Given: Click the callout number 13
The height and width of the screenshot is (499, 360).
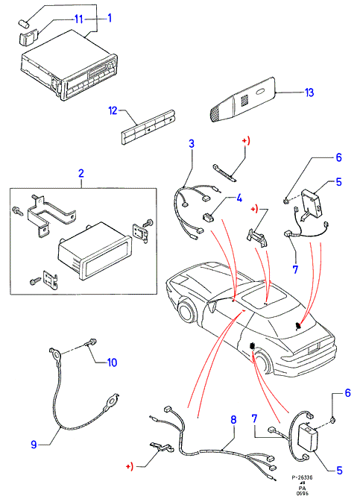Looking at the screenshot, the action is tap(309, 92).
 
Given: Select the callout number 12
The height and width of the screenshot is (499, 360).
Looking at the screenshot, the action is tap(113, 110).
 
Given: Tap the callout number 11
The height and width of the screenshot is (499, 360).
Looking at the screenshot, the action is tap(78, 19).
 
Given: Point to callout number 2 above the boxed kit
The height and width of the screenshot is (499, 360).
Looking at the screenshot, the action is tap(81, 174).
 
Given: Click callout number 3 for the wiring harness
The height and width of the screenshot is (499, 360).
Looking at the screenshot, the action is tap(191, 143).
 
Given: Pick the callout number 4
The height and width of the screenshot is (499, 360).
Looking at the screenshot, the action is tap(239, 198).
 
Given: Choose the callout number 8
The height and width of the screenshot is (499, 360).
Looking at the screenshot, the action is tap(233, 420).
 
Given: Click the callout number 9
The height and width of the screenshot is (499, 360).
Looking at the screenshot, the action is tap(34, 445).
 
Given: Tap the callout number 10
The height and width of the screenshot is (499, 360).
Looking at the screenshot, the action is tap(113, 363).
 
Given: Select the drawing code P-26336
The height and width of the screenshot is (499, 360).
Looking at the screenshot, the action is tap(302, 477).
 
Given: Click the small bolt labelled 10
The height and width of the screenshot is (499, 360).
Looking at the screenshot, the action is tap(90, 342).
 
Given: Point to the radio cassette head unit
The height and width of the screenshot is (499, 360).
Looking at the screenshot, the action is tap(69, 65).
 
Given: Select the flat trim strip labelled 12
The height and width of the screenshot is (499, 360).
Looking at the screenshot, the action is tap(148, 127).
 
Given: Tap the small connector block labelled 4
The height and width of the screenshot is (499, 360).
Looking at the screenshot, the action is tap(208, 218).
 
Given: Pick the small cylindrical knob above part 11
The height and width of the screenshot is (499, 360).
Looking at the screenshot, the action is tap(24, 24).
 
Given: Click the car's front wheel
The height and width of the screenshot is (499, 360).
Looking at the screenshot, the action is tap(186, 310).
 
